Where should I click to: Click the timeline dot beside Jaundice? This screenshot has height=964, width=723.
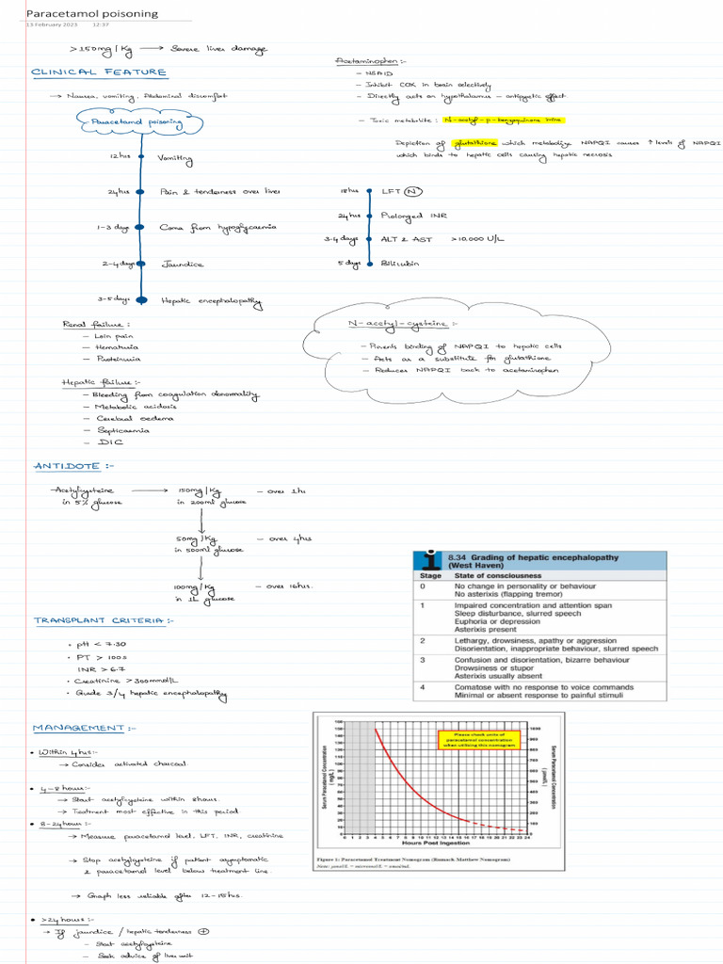139,265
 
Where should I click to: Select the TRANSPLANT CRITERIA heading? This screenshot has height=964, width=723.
104,620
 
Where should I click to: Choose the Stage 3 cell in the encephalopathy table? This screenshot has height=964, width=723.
425,660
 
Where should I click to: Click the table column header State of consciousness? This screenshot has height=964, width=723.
498,575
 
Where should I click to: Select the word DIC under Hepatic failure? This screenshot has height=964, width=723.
106,442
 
